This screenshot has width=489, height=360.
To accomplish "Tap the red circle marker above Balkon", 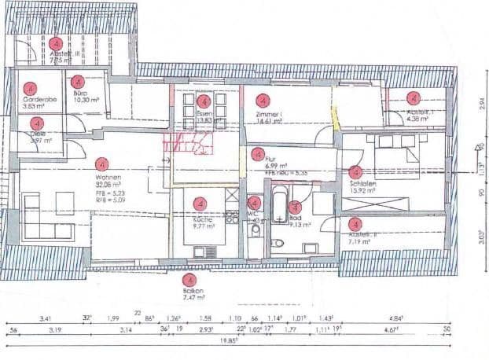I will [189, 280].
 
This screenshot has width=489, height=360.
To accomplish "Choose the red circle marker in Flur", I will [258, 154].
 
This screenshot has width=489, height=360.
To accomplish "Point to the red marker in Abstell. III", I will [55, 44].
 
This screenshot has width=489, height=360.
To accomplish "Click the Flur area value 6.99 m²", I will [274, 166].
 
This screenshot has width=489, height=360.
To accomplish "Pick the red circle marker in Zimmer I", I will [263, 101].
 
